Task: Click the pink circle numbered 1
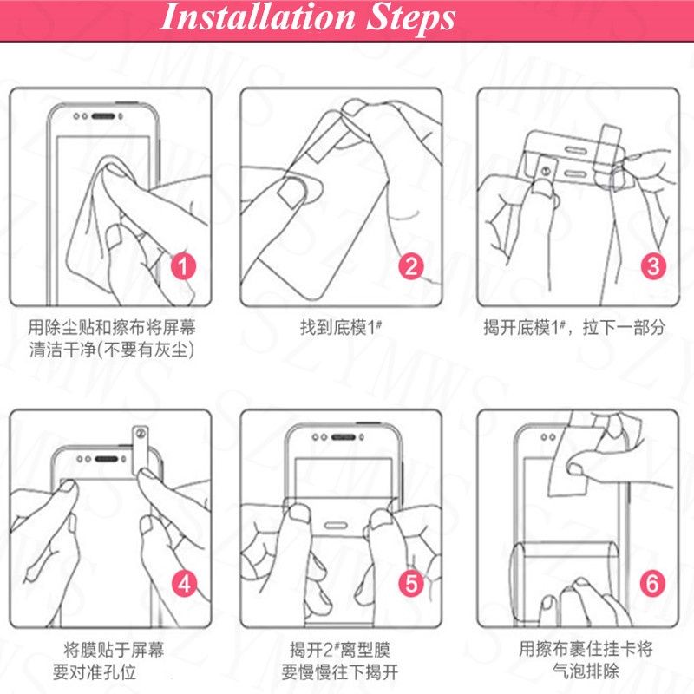[183, 266]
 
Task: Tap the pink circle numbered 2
[411, 266]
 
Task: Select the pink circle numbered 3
[653, 266]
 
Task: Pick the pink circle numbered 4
[184, 583]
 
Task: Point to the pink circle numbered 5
[411, 583]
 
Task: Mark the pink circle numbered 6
[652, 583]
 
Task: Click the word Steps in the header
[410, 19]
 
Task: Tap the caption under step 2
[341, 328]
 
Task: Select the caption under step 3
[574, 328]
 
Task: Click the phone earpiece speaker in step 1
[103, 116]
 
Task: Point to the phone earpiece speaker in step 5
[344, 437]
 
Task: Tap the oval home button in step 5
[336, 526]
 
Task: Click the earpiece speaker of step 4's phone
[106, 459]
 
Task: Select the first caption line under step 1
[112, 328]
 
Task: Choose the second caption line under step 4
[95, 671]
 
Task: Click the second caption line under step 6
[586, 671]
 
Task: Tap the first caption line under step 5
[340, 650]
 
